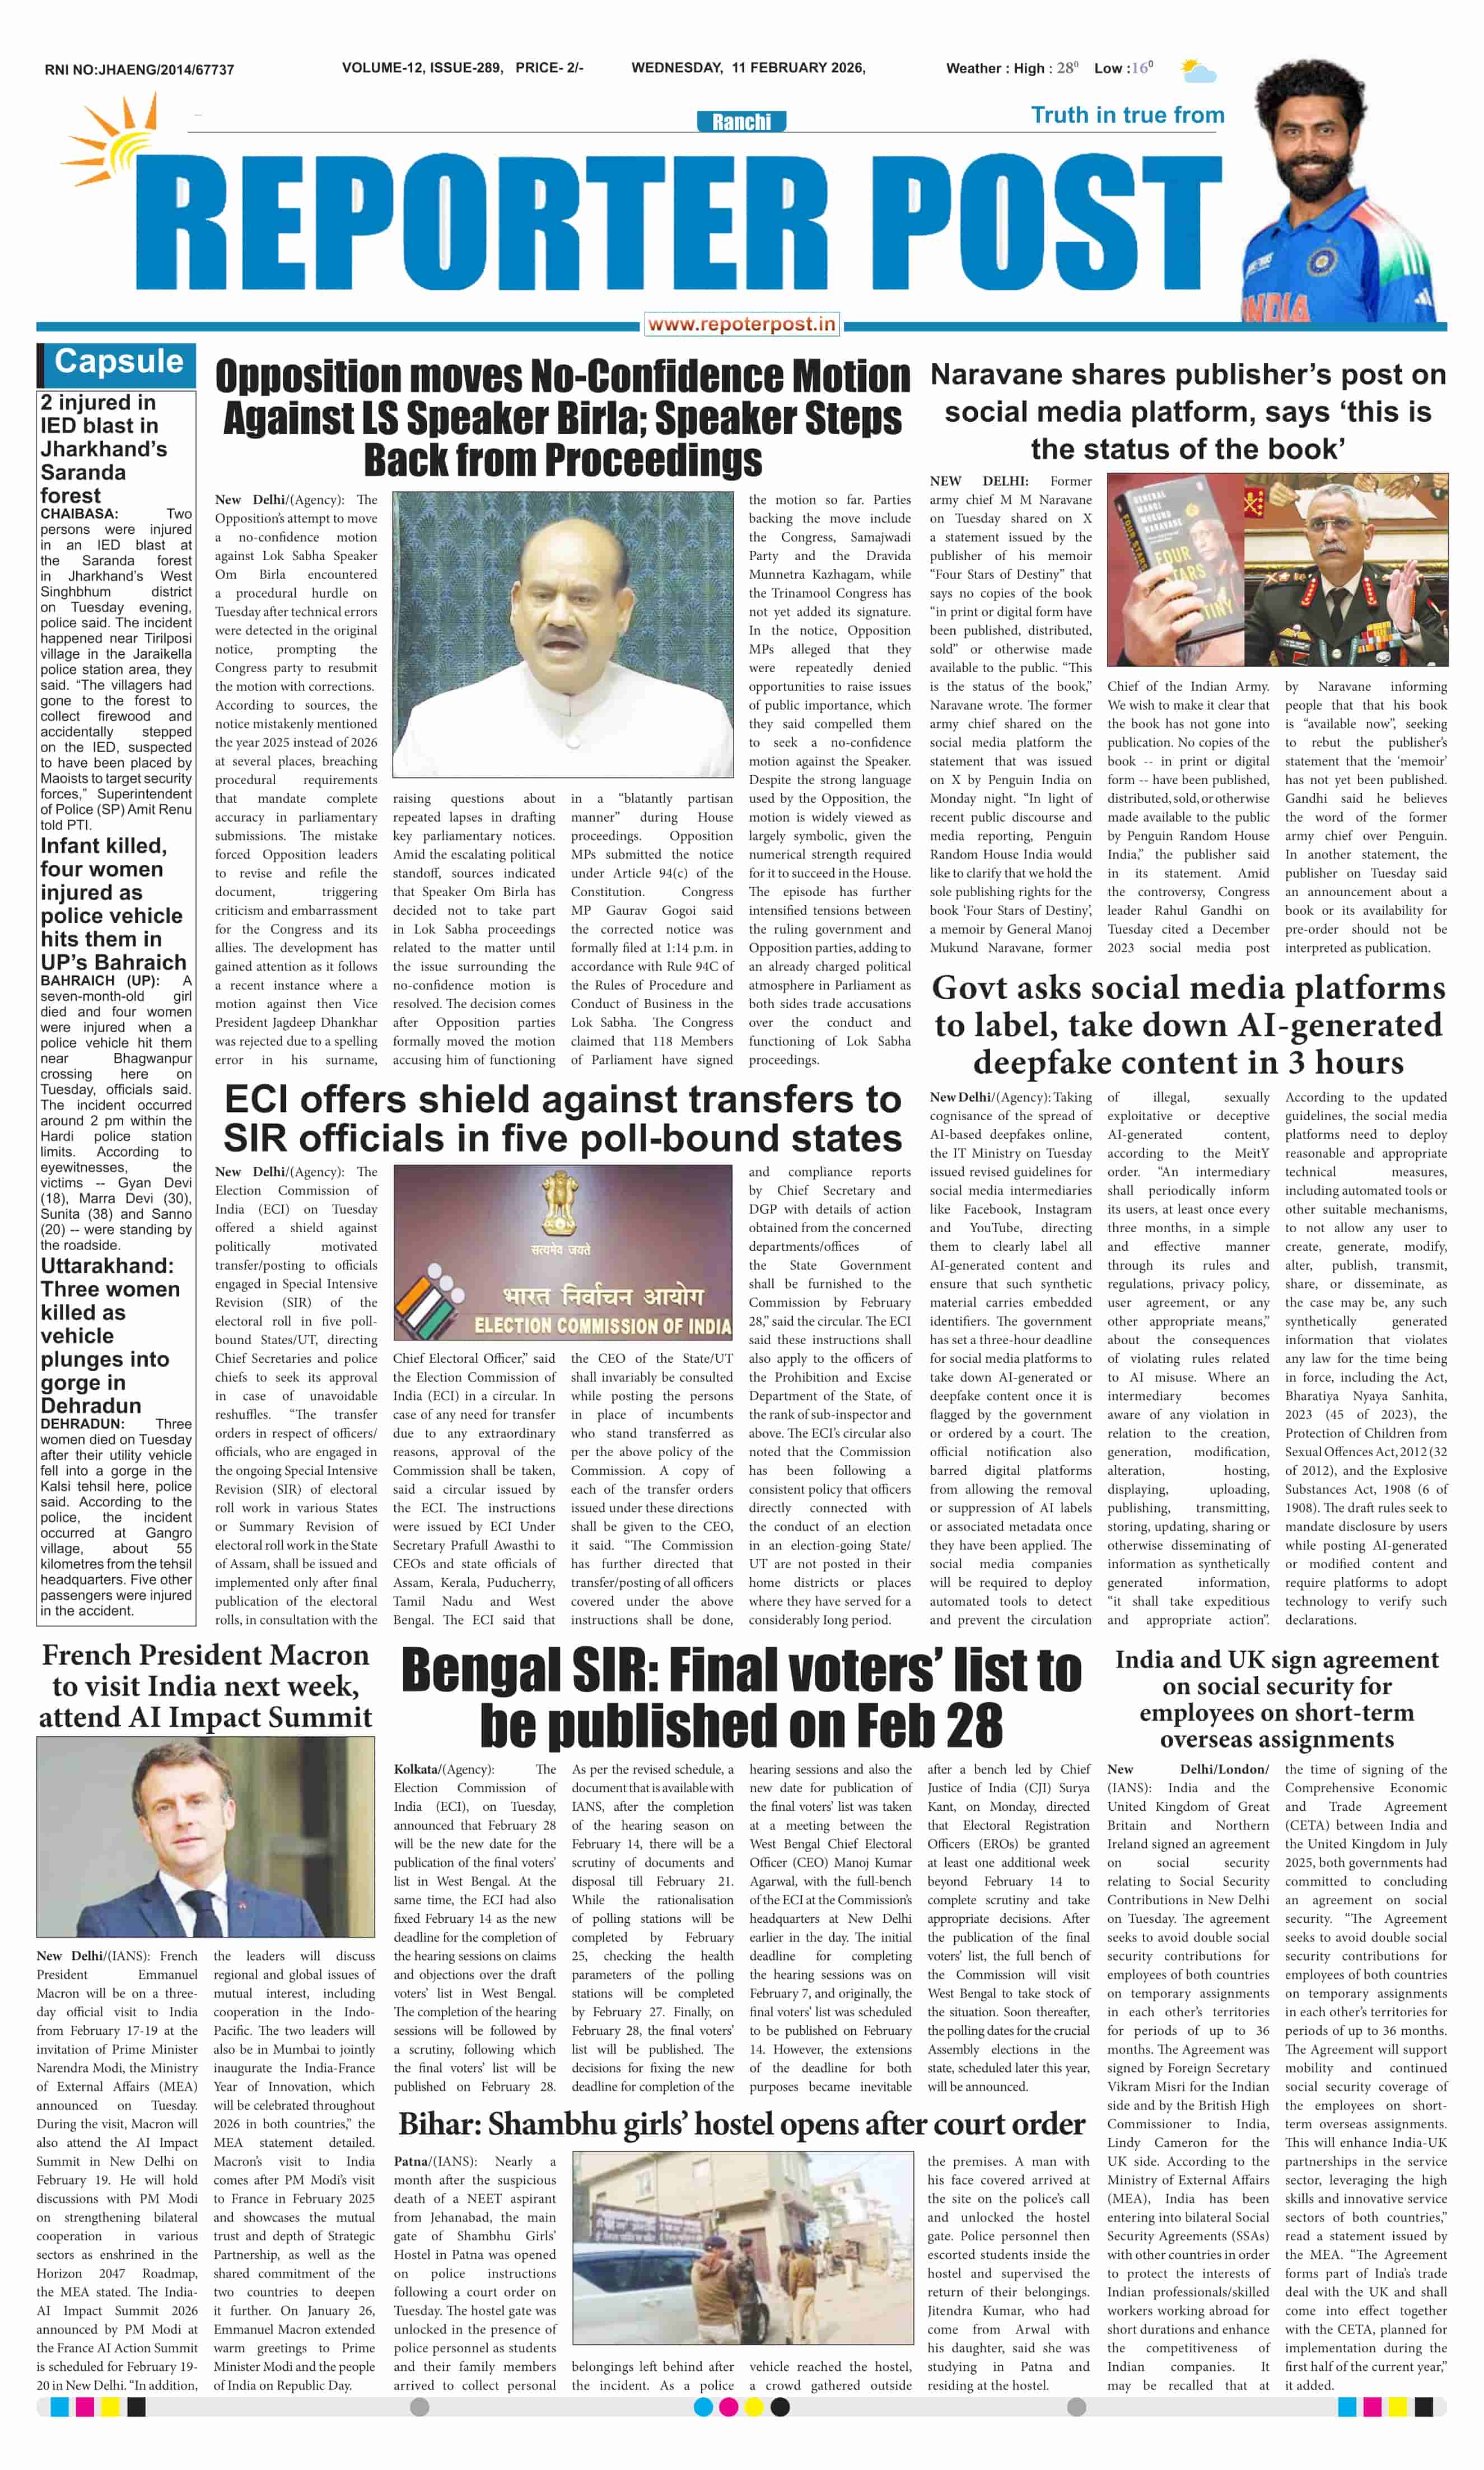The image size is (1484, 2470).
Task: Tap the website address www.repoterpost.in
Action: pos(741,324)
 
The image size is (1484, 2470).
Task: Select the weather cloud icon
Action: pos(1198,70)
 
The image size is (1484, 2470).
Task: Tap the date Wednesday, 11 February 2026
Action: pos(748,68)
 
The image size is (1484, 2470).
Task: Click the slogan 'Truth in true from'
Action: pos(1127,115)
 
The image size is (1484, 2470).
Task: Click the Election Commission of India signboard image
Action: pos(563,1251)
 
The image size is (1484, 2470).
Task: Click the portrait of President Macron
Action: pos(205,1837)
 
